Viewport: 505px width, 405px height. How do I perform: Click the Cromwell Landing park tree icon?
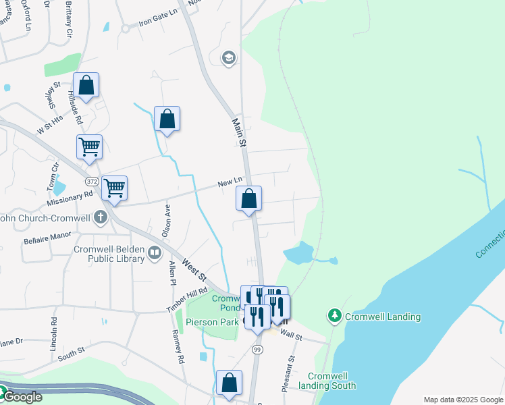click(x=334, y=315)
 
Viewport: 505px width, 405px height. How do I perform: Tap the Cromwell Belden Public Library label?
click(x=109, y=254)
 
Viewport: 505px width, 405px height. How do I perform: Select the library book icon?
click(x=155, y=253)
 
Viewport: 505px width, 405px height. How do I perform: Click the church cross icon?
click(x=101, y=217)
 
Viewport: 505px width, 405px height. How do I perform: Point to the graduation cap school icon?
click(x=229, y=58)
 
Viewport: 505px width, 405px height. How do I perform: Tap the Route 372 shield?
click(x=92, y=182)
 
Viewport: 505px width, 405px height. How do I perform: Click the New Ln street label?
click(x=230, y=182)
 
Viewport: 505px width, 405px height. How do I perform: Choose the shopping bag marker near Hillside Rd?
click(x=86, y=86)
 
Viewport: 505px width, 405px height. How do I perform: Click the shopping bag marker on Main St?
click(x=248, y=199)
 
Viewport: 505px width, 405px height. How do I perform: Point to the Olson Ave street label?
click(x=166, y=220)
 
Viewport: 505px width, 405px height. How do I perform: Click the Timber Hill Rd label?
click(x=187, y=298)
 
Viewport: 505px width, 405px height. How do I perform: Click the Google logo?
click(x=22, y=397)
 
